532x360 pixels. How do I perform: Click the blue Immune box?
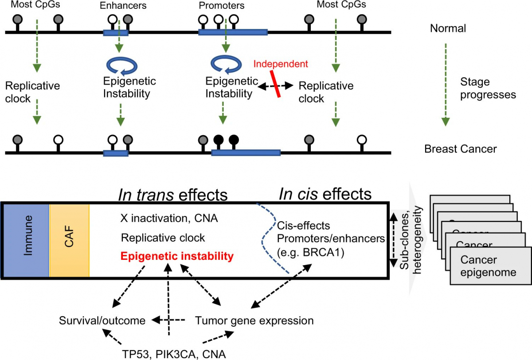click(x=27, y=241)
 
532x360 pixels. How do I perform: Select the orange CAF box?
click(x=69, y=241)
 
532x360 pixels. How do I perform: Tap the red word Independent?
click(x=280, y=64)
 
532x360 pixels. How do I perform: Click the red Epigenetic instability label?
click(x=177, y=256)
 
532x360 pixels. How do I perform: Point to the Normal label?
click(x=448, y=28)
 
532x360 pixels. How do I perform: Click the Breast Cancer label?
click(x=460, y=149)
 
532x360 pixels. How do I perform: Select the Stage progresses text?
click(x=487, y=88)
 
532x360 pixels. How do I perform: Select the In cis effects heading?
click(x=325, y=194)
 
